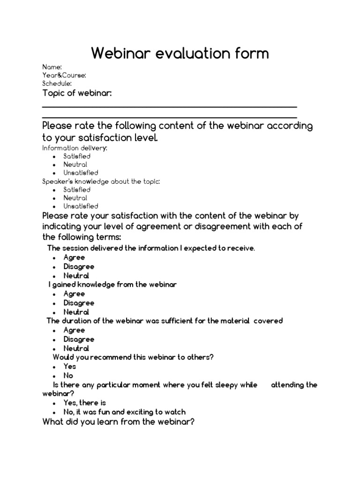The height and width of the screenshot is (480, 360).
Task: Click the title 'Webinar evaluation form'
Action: click(180, 53)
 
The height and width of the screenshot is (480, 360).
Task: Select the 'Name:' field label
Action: click(52, 67)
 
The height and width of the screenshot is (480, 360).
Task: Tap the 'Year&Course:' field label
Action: click(64, 75)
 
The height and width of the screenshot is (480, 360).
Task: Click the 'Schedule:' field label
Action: click(57, 83)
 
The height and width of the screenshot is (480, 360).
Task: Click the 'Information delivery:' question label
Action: click(75, 148)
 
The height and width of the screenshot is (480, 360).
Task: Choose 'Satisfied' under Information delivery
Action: click(77, 156)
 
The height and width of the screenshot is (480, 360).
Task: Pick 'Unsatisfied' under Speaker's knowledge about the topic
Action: click(81, 206)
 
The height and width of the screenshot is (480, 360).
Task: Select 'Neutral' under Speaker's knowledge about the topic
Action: click(75, 198)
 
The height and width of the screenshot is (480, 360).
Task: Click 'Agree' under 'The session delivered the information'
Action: click(74, 257)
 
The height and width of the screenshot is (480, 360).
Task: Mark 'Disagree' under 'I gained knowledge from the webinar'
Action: click(79, 303)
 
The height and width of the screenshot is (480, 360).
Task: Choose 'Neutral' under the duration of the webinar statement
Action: click(76, 348)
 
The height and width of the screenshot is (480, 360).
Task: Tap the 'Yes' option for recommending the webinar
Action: click(70, 367)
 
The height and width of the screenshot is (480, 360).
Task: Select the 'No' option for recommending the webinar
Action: click(68, 375)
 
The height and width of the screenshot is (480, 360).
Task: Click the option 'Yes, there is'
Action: click(85, 403)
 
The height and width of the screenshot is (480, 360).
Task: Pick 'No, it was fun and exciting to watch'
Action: click(125, 412)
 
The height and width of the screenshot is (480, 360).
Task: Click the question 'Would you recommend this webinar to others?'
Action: click(133, 357)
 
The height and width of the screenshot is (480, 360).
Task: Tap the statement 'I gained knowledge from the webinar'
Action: click(112, 285)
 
